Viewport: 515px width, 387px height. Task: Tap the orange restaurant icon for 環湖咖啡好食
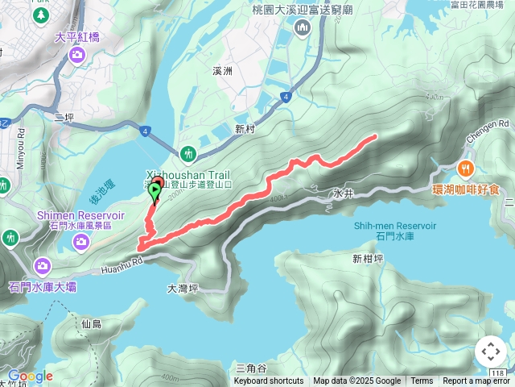pos(466,169)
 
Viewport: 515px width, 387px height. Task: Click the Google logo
pos(30,376)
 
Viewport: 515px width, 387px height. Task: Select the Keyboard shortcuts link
pos(269,381)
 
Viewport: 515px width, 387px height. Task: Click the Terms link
pos(422,381)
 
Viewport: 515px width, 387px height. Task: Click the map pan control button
pos(490,352)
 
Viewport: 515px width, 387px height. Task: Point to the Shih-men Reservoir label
pos(394,227)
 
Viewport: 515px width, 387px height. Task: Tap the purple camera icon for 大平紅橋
pos(76,54)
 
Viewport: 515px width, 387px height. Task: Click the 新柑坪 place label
pos(369,259)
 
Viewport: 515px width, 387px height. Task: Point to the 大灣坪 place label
pos(183,288)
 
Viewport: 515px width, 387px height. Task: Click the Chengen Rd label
pos(493,125)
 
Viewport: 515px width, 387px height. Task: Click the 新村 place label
pos(245,129)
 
